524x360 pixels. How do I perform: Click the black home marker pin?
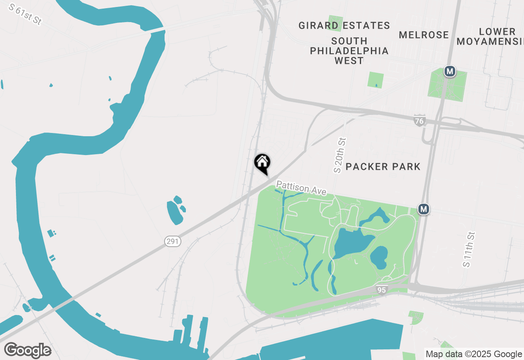(x=262, y=163)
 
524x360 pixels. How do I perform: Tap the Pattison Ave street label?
(x=301, y=188)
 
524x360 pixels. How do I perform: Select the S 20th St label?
(x=340, y=155)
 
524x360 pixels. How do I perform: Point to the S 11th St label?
(x=469, y=250)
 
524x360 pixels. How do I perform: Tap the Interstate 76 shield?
(x=419, y=121)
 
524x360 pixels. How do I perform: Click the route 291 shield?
(x=173, y=241)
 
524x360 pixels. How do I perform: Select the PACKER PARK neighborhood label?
(x=383, y=166)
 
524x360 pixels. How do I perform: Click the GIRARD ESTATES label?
(x=344, y=26)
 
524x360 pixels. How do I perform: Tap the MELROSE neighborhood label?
(x=424, y=35)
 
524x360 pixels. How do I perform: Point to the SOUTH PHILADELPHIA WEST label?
(x=349, y=51)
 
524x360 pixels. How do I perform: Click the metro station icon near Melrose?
(x=450, y=71)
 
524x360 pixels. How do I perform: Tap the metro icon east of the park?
(x=424, y=209)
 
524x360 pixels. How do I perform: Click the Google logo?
(x=27, y=350)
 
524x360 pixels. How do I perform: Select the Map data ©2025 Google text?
(x=474, y=354)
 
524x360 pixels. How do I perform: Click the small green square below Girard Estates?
(x=375, y=80)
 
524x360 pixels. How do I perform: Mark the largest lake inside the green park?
(x=352, y=244)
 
